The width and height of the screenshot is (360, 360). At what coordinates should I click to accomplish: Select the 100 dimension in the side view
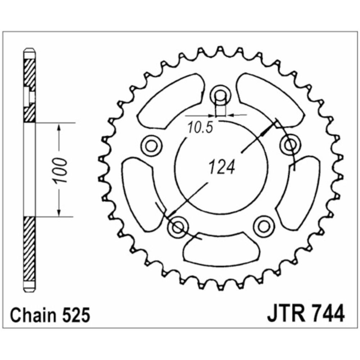pyautogui.click(x=60, y=170)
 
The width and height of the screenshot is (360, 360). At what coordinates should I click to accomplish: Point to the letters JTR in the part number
pyautogui.click(x=286, y=313)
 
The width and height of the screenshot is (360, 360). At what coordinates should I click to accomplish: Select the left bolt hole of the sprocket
pyautogui.click(x=151, y=145)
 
